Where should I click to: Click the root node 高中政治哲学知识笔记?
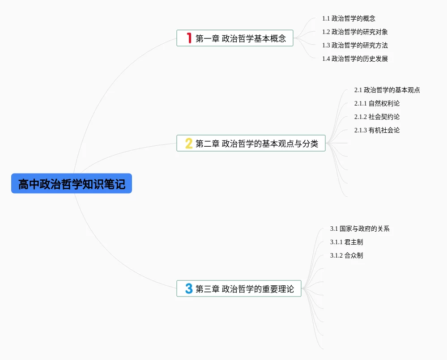[72, 184]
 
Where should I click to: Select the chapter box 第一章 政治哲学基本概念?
[235, 38]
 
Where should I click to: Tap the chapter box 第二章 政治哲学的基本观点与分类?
[251, 143]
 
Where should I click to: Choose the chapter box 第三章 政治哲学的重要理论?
[239, 288]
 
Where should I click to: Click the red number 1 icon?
[189, 38]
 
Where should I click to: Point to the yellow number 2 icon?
[189, 143]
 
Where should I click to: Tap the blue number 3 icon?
[189, 288]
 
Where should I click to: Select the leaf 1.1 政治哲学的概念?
[349, 18]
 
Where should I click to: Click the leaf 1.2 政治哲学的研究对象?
[355, 32]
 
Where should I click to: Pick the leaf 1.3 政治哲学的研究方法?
[355, 45]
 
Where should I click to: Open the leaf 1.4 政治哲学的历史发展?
[355, 59]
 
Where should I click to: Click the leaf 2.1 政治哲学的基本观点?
[387, 90]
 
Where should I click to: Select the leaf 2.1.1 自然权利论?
[377, 103]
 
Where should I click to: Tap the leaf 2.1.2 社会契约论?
[377, 117]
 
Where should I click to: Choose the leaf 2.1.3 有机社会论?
[377, 130]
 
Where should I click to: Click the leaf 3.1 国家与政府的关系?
[360, 229]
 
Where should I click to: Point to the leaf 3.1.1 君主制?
[346, 242]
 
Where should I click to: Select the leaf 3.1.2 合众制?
[346, 255]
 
